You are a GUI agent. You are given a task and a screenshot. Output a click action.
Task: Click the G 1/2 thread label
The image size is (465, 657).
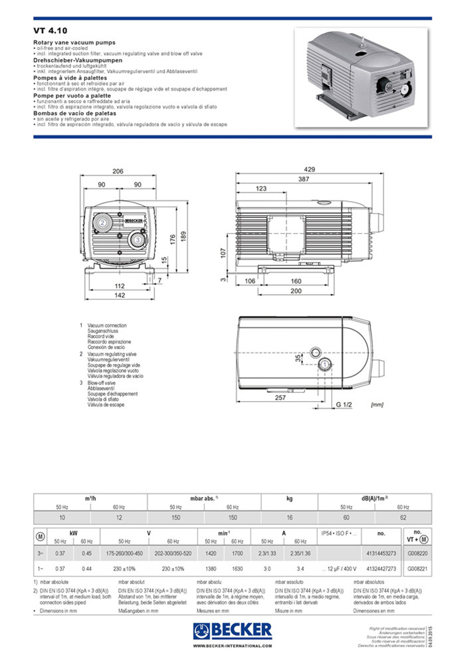[x=344, y=404]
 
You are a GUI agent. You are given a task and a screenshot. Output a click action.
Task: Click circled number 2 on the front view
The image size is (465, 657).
[x=102, y=223]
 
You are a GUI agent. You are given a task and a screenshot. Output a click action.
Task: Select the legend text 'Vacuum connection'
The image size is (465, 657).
[x=107, y=326]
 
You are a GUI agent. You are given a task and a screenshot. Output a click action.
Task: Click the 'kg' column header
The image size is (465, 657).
[x=289, y=498]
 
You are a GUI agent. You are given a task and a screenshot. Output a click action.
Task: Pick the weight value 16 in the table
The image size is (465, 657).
[x=289, y=517]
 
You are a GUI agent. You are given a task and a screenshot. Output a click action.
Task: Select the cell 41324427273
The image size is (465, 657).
[x=381, y=568]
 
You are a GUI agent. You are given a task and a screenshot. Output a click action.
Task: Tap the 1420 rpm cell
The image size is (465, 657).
[x=211, y=555]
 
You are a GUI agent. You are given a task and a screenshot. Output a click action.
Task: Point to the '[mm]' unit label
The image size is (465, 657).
[x=377, y=404]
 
